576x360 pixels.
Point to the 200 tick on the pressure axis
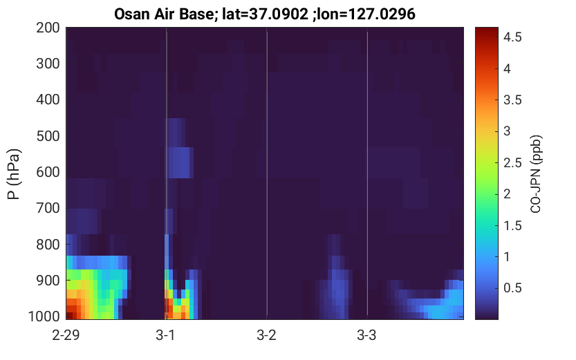click(48, 28)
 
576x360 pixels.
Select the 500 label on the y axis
click(48, 136)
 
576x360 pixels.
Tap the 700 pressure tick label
click(48, 208)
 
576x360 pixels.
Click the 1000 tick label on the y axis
click(44, 316)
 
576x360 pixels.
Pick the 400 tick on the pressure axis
click(48, 100)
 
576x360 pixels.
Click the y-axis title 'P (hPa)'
click(14, 174)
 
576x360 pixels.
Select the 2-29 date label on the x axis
click(66, 335)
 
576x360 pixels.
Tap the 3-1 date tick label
click(166, 335)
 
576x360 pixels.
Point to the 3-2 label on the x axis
click(267, 335)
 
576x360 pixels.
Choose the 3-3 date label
click(367, 335)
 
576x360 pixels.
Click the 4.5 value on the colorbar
click(512, 37)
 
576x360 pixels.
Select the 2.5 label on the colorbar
click(512, 162)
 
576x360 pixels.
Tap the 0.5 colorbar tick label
click(512, 288)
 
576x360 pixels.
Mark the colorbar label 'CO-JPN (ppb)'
click(536, 174)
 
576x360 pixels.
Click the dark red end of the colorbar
click(487, 30)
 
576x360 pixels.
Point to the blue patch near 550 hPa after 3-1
click(180, 162)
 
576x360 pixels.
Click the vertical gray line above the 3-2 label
click(267, 173)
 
